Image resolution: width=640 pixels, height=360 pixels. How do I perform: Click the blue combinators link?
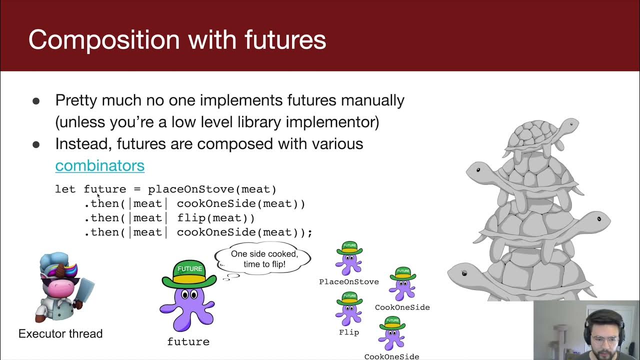click(x=99, y=165)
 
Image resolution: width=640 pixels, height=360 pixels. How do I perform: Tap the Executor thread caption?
click(x=60, y=333)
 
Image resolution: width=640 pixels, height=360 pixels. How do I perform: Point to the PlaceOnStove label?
click(x=349, y=282)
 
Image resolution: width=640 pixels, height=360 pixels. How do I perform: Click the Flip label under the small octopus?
click(x=349, y=332)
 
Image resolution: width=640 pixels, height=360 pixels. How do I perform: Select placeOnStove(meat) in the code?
click(x=212, y=189)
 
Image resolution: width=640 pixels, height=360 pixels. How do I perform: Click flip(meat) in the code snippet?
click(x=215, y=218)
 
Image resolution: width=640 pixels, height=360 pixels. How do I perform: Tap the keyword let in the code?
click(x=65, y=189)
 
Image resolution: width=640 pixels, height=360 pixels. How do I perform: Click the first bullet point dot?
click(x=36, y=101)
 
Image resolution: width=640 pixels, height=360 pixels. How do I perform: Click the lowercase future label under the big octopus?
click(x=188, y=342)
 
